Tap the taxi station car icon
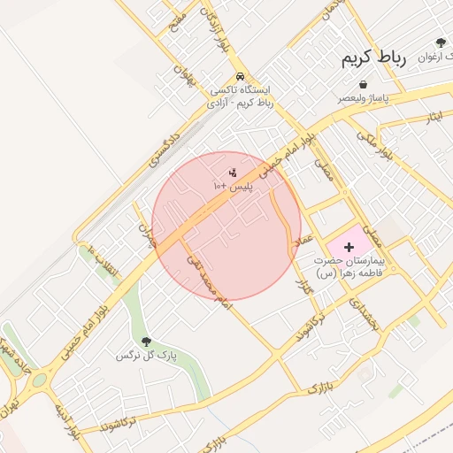pos(242,76)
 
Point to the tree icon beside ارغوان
pos(440,42)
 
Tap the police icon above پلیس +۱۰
pos(233,172)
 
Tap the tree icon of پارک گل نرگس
pos(146,342)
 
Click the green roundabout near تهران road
pos(38,381)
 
